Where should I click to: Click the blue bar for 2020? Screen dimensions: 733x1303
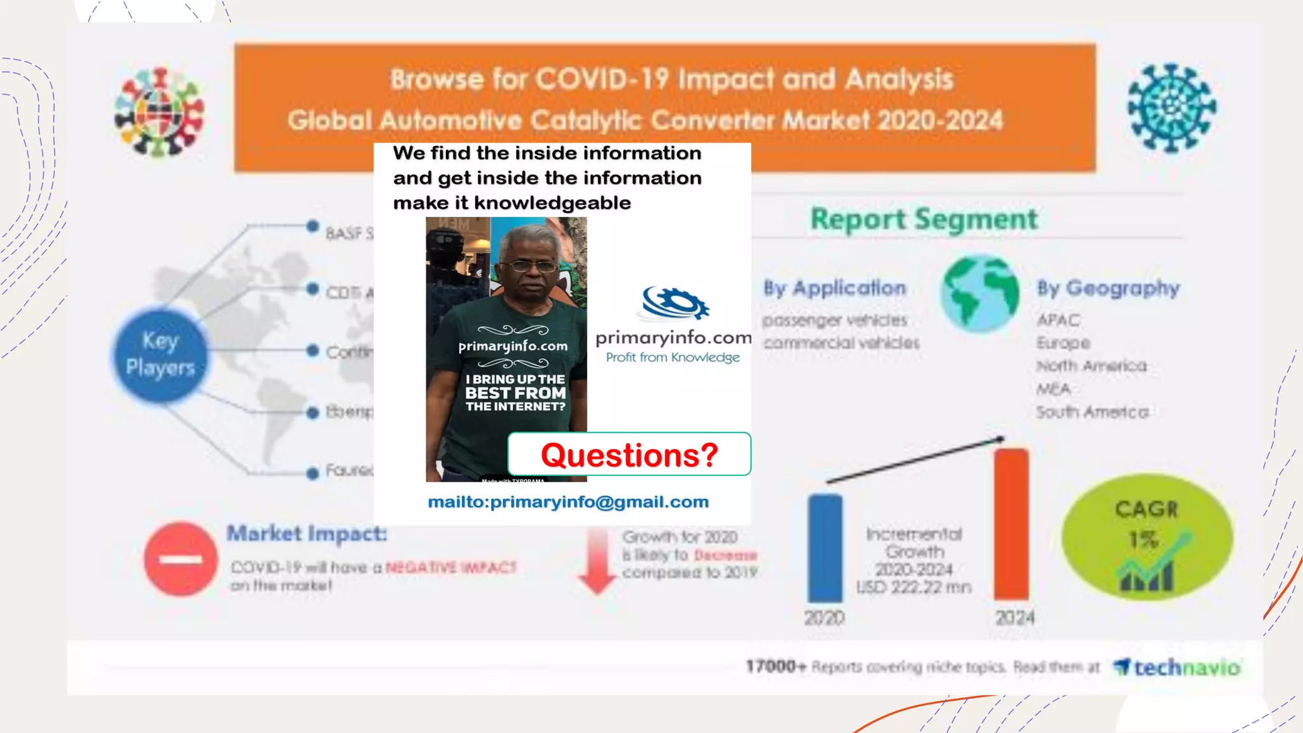[x=825, y=548]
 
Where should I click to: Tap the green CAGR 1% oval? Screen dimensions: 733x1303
[x=1146, y=537]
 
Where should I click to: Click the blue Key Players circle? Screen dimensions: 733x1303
[x=160, y=354]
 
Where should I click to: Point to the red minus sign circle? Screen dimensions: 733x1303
[x=181, y=559]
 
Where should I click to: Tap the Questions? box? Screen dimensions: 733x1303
[x=629, y=454]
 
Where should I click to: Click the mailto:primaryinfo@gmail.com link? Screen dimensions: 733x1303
[x=568, y=502]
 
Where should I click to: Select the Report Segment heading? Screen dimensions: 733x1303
[x=923, y=220]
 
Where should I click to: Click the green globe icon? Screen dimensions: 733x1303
[x=980, y=294]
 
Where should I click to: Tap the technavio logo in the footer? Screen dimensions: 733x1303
[x=1177, y=667]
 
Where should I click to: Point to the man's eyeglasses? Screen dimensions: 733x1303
[x=529, y=267]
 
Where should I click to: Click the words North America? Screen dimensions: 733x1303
[x=1091, y=366]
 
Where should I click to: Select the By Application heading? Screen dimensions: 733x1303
[x=834, y=288]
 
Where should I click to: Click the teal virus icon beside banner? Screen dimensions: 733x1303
[x=1171, y=108]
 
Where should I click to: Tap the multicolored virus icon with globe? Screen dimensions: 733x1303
[x=159, y=112]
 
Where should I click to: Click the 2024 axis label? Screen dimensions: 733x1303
[x=1014, y=617]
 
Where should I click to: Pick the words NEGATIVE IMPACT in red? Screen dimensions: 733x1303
[x=450, y=567]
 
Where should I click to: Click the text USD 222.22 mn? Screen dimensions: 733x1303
[x=914, y=587]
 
